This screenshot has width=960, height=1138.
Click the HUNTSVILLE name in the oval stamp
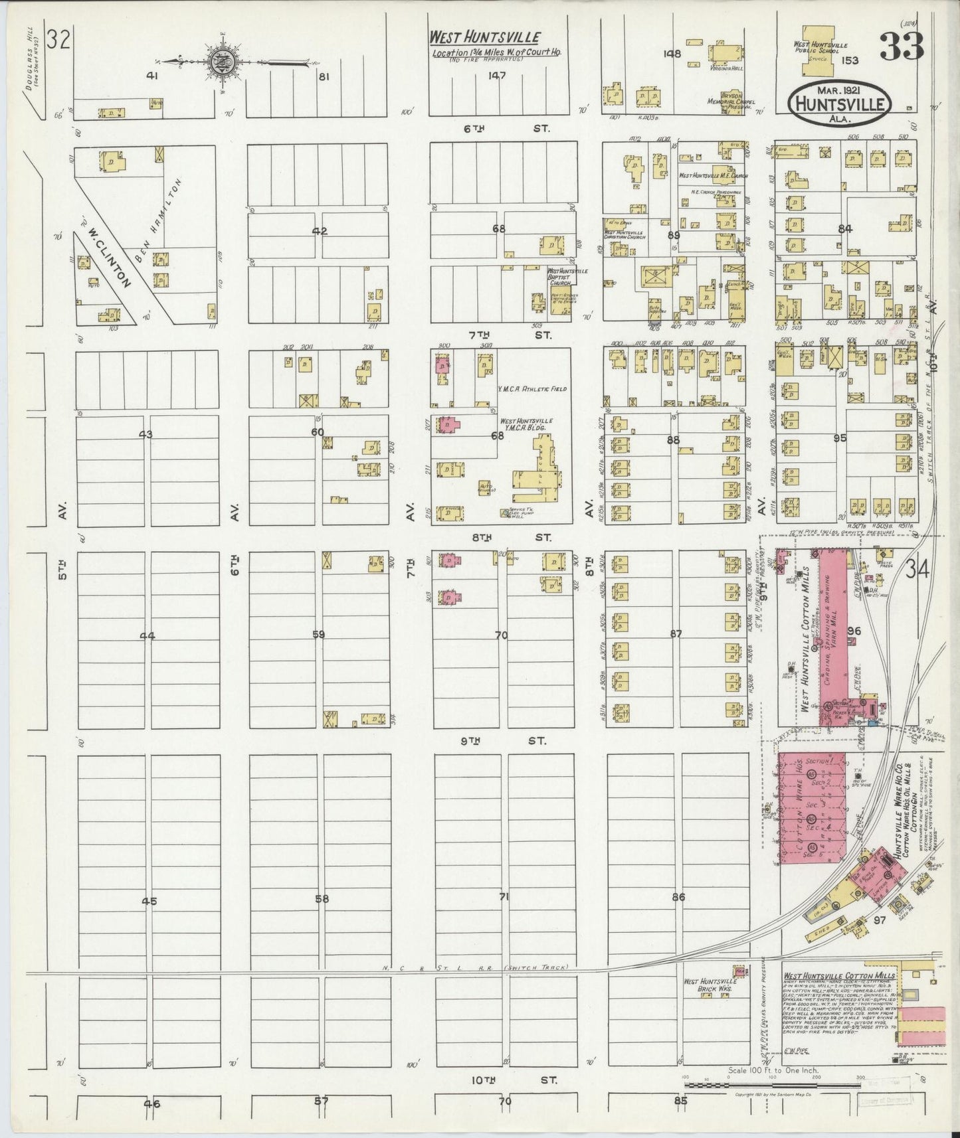pyautogui.click(x=837, y=105)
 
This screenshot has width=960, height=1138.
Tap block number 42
pyautogui.click(x=320, y=232)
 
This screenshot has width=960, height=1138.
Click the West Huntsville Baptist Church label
pyautogui.click(x=567, y=277)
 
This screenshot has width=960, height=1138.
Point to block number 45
pyautogui.click(x=149, y=901)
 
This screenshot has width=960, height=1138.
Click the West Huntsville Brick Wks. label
pyautogui.click(x=710, y=985)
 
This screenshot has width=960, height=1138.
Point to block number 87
pyautogui.click(x=676, y=634)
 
